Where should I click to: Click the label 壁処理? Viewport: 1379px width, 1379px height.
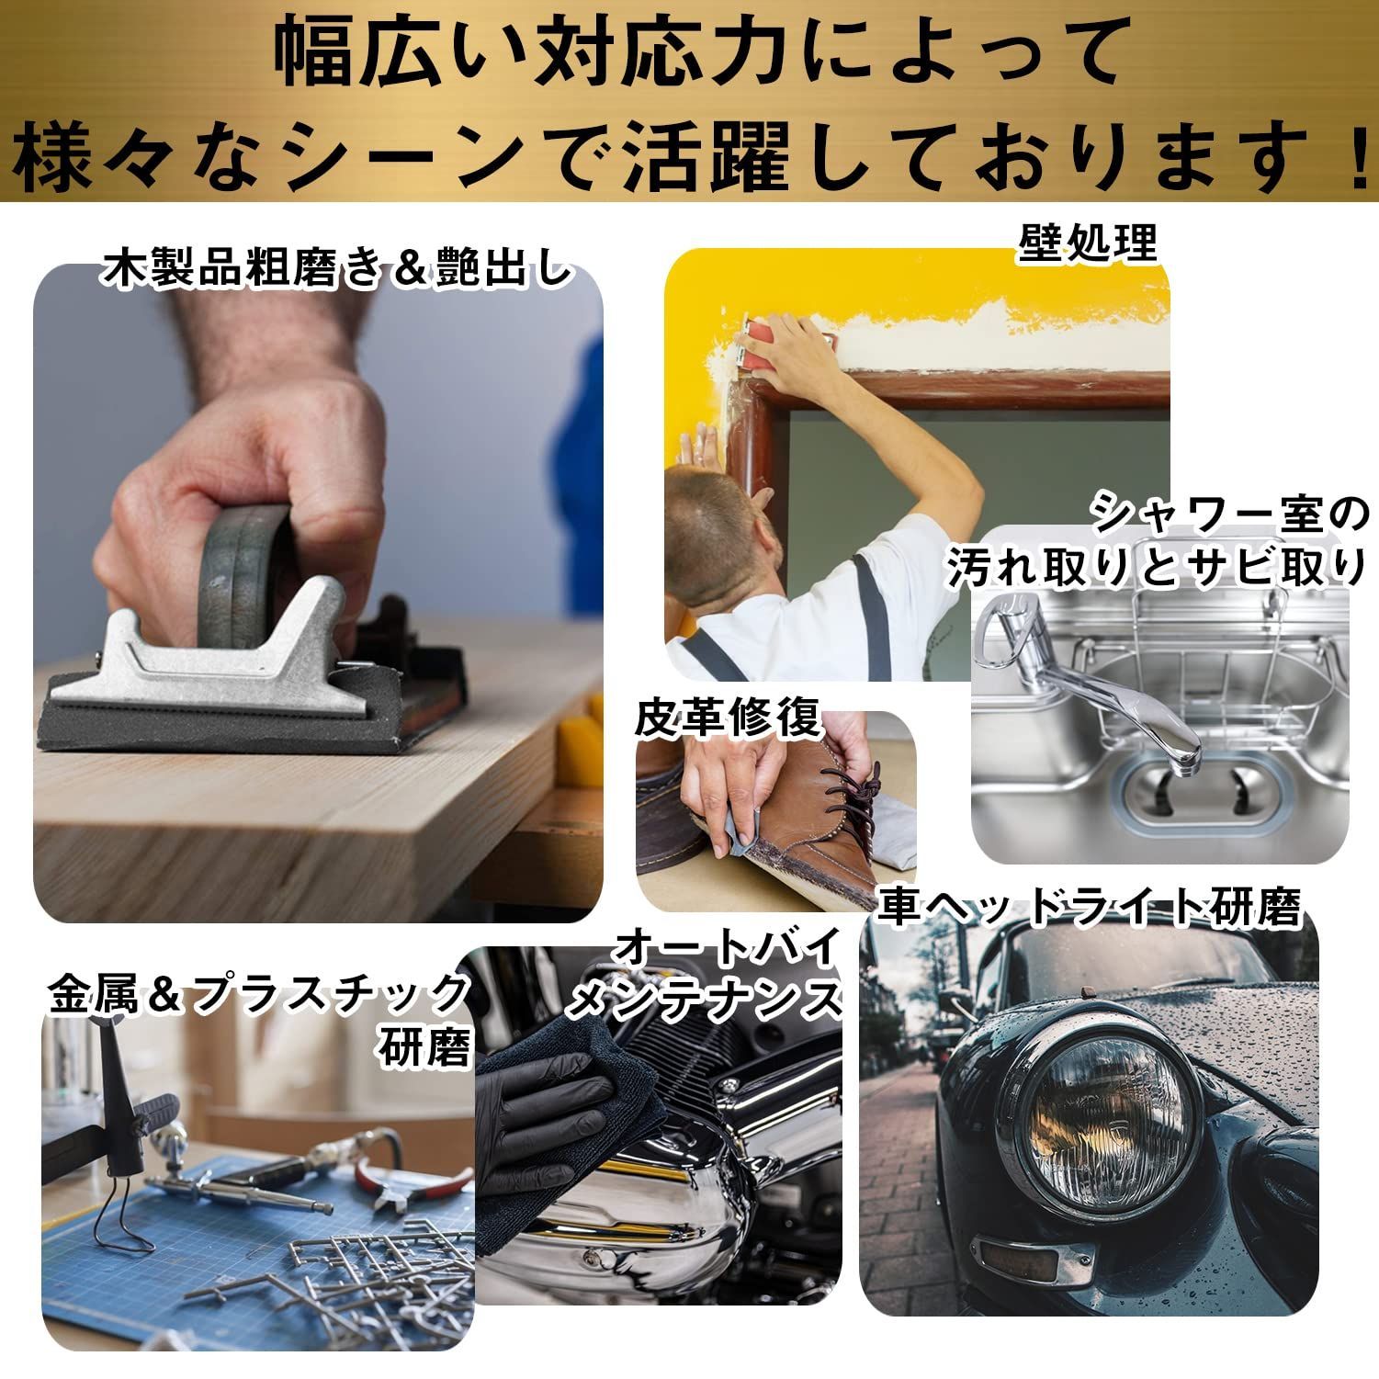point(1087,243)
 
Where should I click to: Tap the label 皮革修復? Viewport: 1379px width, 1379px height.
point(727,718)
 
